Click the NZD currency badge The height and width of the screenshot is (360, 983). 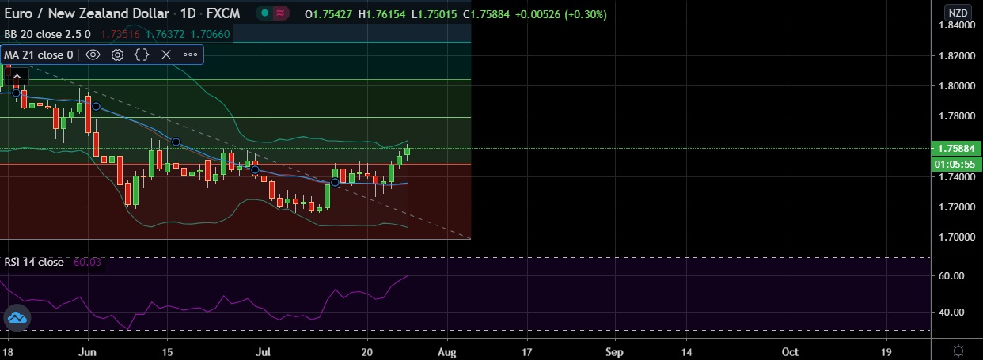[x=957, y=13]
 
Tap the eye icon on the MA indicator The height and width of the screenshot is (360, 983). [x=93, y=55]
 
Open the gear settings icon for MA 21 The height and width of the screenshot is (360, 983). [x=117, y=55]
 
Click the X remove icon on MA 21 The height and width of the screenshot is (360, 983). [x=165, y=55]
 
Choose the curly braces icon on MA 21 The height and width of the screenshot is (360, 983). [x=142, y=55]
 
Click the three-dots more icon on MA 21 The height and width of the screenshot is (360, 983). [x=190, y=55]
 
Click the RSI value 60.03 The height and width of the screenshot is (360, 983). [x=87, y=262]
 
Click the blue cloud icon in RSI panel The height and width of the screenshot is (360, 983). [x=17, y=319]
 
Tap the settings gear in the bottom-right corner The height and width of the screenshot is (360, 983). [x=958, y=350]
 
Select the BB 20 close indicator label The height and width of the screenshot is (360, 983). [x=37, y=34]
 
